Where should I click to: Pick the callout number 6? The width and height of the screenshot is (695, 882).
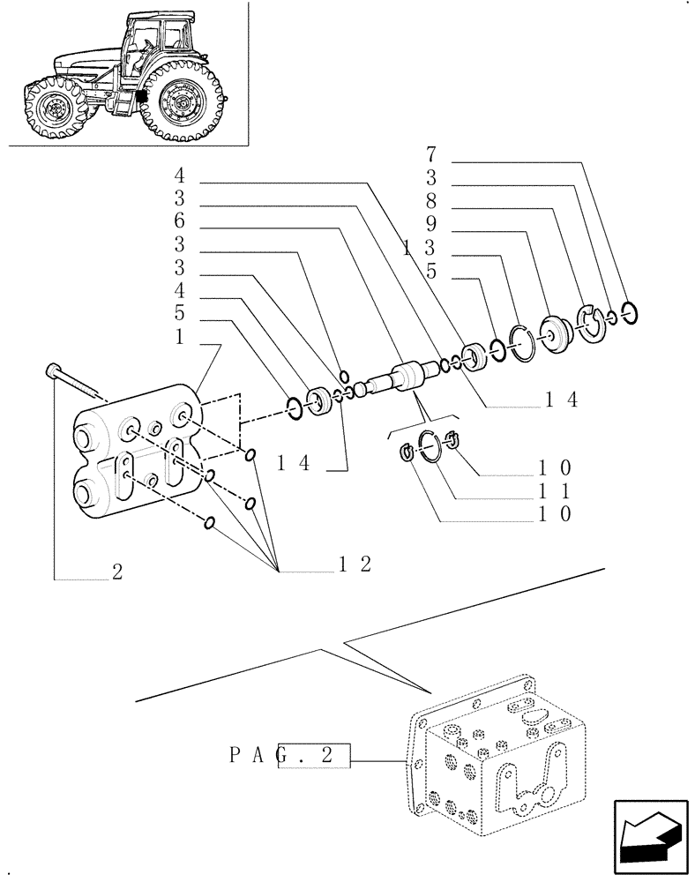[x=179, y=221]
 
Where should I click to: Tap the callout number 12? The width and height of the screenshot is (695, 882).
[x=355, y=565]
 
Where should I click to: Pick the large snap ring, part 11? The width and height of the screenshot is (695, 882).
[x=430, y=445]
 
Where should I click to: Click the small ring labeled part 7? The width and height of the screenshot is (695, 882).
[x=628, y=312]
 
